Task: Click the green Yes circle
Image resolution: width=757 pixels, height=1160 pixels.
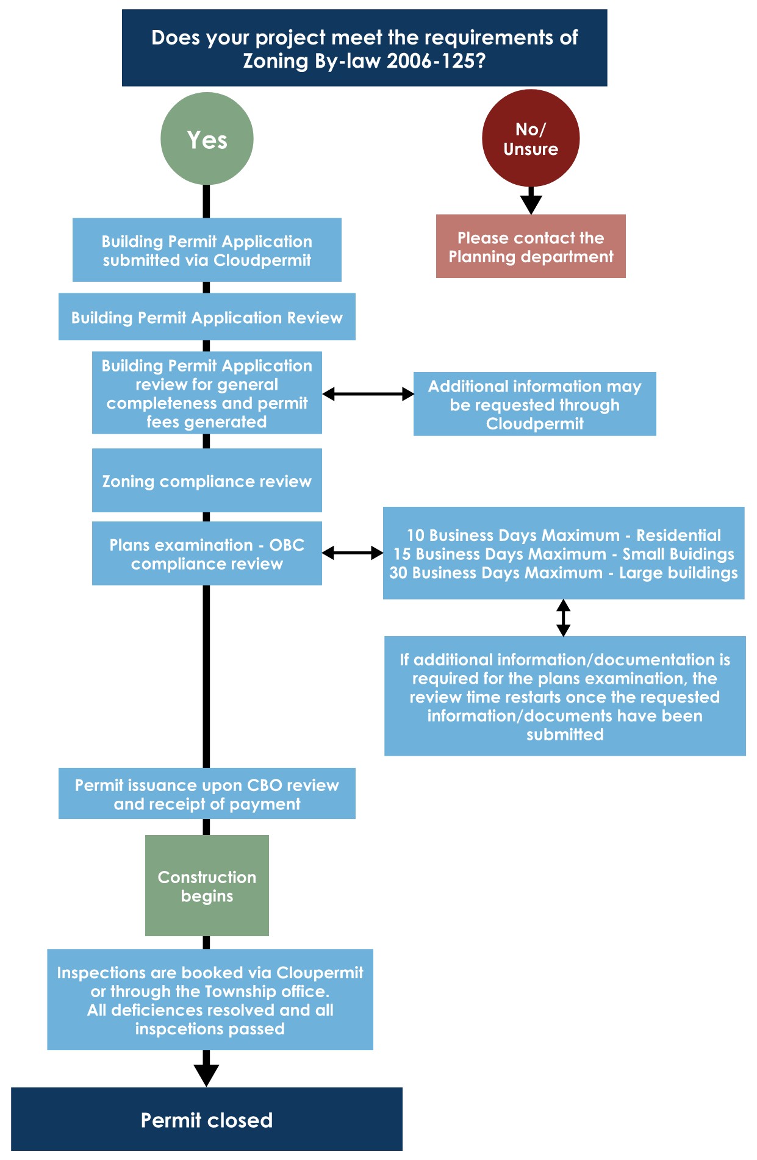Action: click(207, 139)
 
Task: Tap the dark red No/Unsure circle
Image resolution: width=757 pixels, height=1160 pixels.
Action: click(530, 138)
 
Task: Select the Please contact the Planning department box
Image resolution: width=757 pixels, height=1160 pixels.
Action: click(530, 246)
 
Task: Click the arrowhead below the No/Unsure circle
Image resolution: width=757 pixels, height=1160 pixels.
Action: click(531, 203)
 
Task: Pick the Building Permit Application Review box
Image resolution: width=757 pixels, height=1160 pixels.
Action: click(207, 317)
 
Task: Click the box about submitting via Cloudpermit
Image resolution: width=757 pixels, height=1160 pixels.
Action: click(207, 250)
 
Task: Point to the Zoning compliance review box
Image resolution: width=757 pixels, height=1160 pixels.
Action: click(207, 481)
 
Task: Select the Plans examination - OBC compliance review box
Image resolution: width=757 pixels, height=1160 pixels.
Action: click(207, 553)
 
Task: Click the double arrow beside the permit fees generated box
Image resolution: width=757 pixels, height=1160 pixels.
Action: click(368, 394)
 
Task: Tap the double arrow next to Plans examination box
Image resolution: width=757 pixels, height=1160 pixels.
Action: click(353, 553)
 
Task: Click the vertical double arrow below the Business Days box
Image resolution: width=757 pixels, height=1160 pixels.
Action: click(564, 618)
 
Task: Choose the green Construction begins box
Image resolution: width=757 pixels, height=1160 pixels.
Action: click(207, 886)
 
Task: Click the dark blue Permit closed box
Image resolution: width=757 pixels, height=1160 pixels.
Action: click(207, 1120)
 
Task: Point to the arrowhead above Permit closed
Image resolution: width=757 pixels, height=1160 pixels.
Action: click(206, 1073)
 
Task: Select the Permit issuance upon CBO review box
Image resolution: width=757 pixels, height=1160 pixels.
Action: click(207, 793)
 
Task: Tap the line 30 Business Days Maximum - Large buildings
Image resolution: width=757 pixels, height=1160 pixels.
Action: click(563, 573)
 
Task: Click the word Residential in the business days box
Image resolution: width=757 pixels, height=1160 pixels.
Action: click(678, 535)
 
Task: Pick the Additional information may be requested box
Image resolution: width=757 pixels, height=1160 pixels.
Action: click(534, 404)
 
